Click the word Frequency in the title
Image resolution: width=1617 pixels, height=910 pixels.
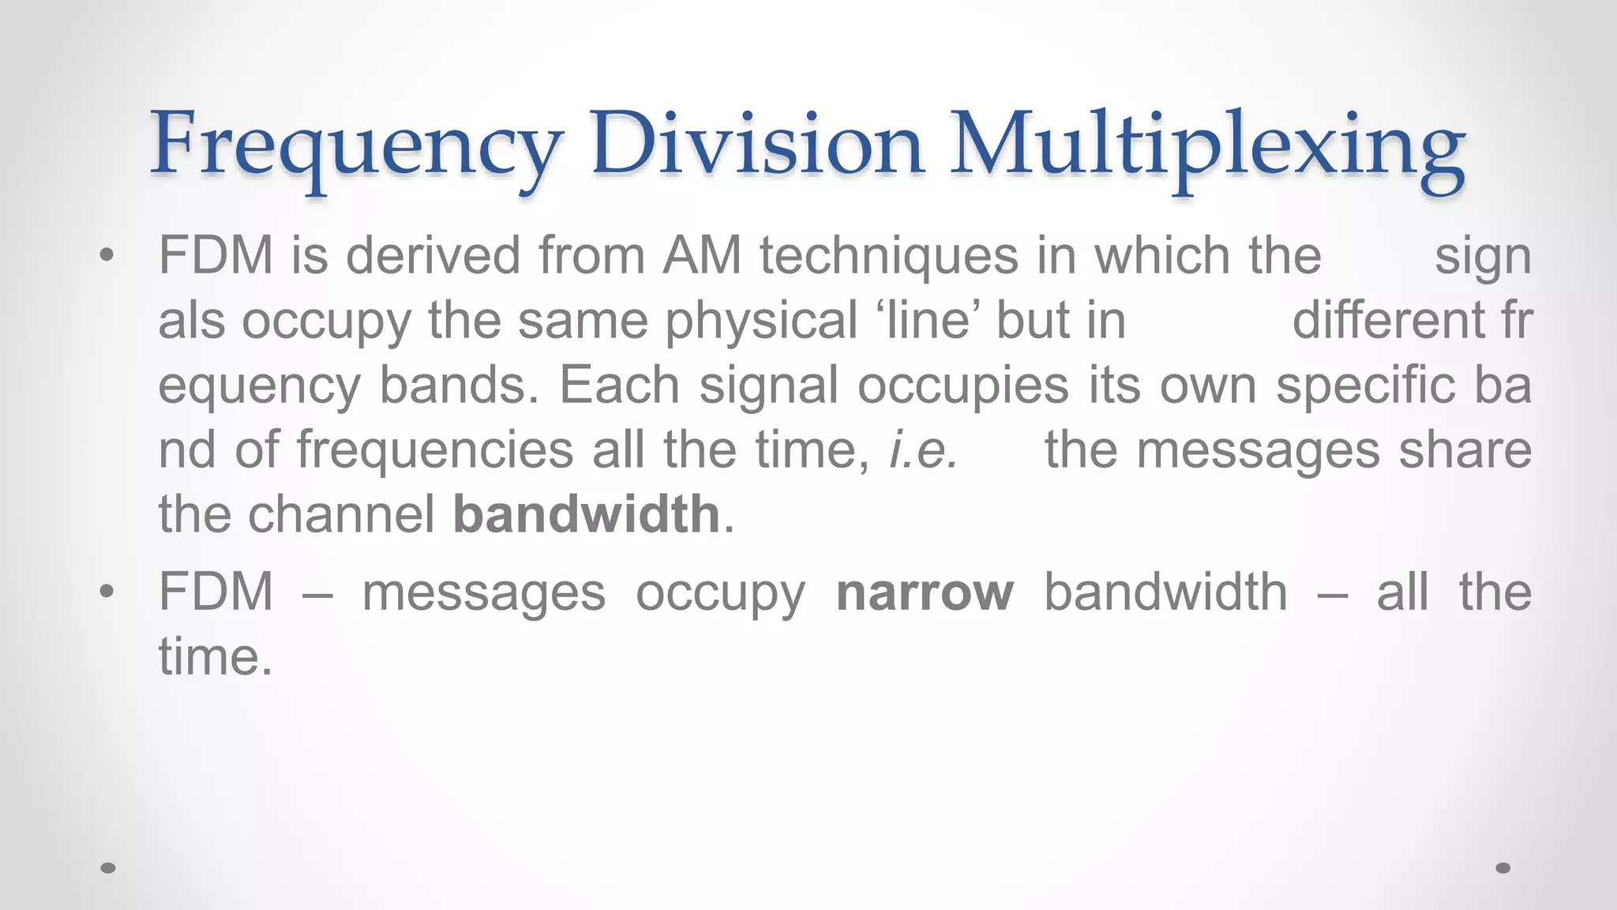tap(356, 146)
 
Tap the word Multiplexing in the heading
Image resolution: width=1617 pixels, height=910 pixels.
tap(1207, 146)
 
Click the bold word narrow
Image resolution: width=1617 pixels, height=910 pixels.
tap(925, 592)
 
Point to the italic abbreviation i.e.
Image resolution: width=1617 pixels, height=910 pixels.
tap(924, 450)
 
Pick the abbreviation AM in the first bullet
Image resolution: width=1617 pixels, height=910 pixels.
tap(703, 256)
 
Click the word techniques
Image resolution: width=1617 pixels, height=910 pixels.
tap(889, 258)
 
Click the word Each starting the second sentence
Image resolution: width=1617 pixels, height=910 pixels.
tap(620, 385)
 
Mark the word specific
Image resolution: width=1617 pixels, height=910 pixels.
tap(1366, 385)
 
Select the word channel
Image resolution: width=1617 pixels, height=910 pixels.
tap(342, 514)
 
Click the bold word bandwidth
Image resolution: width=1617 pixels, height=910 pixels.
tap(587, 514)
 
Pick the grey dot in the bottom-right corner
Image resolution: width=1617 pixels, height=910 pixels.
tap(1503, 868)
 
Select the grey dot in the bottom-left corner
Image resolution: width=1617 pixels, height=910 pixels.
tap(108, 868)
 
